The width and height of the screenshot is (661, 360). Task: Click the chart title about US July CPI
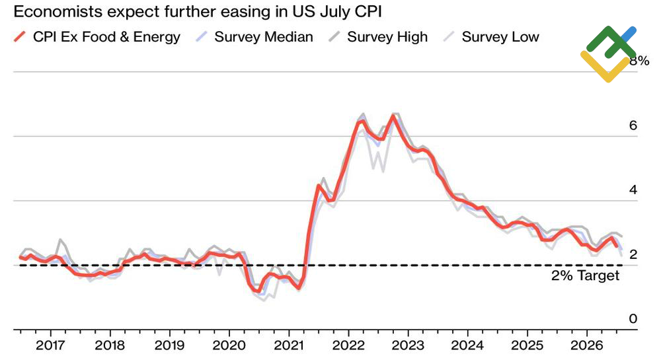(198, 12)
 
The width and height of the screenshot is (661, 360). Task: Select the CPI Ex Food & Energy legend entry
(97, 37)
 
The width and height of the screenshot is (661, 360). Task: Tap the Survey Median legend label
(264, 37)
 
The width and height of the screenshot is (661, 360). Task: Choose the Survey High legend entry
(387, 37)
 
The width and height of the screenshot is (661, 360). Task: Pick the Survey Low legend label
(500, 37)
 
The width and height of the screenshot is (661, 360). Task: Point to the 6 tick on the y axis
(633, 126)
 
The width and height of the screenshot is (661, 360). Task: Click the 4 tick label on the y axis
(633, 190)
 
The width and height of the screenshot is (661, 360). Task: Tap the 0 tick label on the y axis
(633, 319)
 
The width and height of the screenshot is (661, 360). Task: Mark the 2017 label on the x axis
(50, 345)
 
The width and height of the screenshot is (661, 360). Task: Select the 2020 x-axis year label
(229, 345)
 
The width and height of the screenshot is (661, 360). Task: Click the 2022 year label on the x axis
(348, 345)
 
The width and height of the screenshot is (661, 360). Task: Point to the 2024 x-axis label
(467, 345)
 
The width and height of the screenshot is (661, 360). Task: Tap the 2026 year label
(587, 345)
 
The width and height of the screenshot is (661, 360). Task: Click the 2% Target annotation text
(586, 276)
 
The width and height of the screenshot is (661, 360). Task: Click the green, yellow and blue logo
(608, 54)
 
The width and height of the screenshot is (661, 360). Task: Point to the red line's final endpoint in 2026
(617, 247)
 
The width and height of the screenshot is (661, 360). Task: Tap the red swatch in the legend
(20, 37)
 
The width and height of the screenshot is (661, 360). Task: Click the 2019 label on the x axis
(169, 345)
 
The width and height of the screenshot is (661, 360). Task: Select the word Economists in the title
(57, 12)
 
